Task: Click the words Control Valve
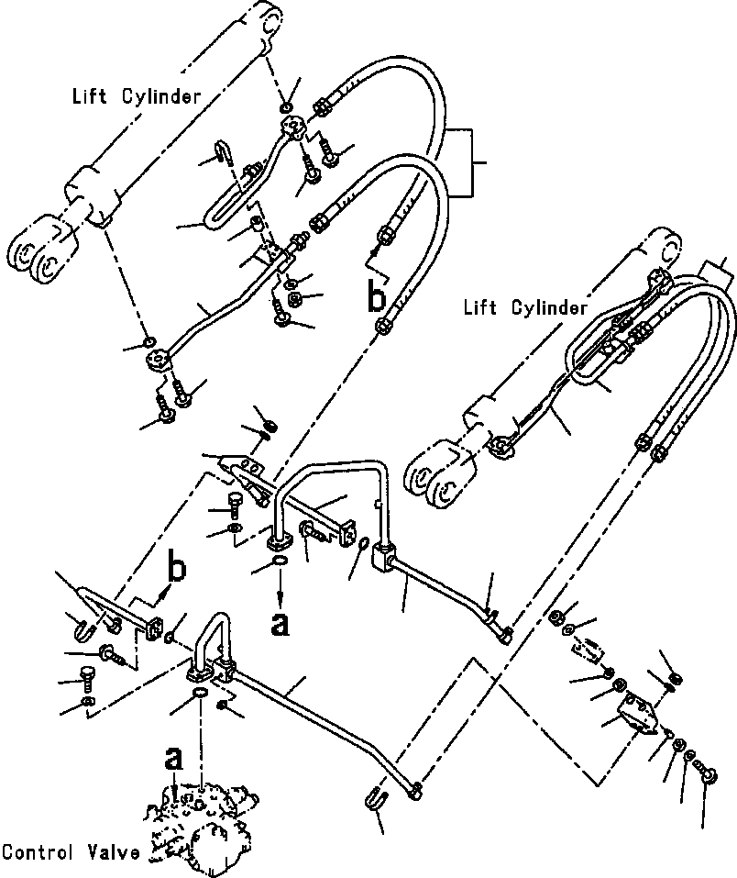(71, 853)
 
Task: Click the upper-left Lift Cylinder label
(137, 96)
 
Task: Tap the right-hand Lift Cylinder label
(525, 307)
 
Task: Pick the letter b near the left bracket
(178, 569)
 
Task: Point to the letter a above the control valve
(174, 759)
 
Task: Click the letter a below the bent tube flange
(280, 625)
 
